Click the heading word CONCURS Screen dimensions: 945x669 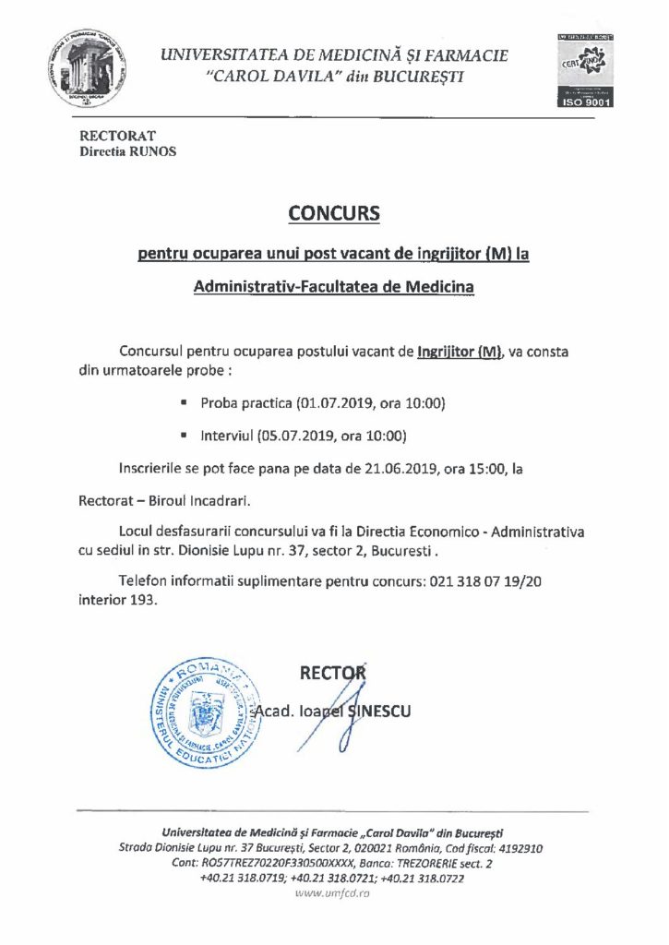pos(334,213)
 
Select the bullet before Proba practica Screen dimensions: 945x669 pos(185,404)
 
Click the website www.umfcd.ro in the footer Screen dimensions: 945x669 pos(333,894)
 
